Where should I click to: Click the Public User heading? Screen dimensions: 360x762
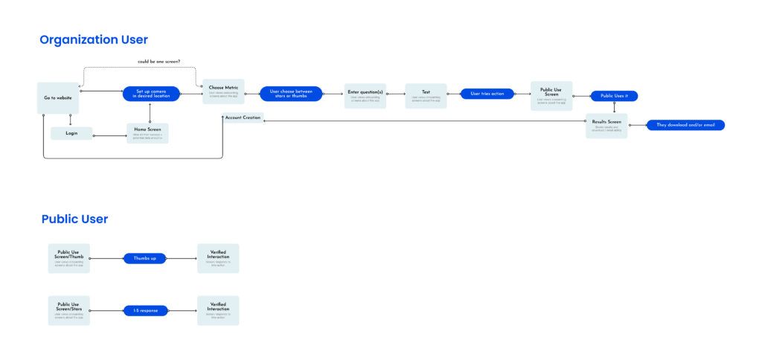74,219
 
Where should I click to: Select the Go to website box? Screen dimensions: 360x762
58,98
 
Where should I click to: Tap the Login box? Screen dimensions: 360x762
71,133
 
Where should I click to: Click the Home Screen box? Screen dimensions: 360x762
147,132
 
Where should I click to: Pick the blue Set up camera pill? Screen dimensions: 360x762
151,94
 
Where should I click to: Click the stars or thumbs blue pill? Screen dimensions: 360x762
291,94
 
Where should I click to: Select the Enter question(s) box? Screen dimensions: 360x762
365,96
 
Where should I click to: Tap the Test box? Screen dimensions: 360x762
426,96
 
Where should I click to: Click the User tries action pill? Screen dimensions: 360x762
487,94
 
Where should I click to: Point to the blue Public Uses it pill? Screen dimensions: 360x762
614,96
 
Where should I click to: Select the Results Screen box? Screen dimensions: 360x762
606,126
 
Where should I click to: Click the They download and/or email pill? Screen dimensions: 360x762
685,125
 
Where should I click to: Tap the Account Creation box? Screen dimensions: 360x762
243,118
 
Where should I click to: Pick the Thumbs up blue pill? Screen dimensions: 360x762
144,258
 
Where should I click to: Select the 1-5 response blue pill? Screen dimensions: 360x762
144,309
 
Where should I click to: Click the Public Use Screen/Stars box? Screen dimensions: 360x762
69,310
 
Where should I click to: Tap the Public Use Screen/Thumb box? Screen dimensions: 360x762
69,258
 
